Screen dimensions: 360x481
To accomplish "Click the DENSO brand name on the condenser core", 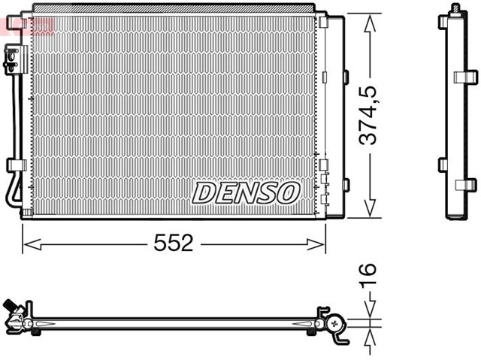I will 246,192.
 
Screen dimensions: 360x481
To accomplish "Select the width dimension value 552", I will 174,243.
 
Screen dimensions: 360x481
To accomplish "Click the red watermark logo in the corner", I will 28,22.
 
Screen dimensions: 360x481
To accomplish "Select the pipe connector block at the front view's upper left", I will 13,59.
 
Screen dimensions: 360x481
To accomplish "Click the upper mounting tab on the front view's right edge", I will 346,75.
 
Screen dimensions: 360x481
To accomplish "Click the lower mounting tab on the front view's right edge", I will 346,184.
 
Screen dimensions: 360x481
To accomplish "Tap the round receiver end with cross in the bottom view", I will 335,325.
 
